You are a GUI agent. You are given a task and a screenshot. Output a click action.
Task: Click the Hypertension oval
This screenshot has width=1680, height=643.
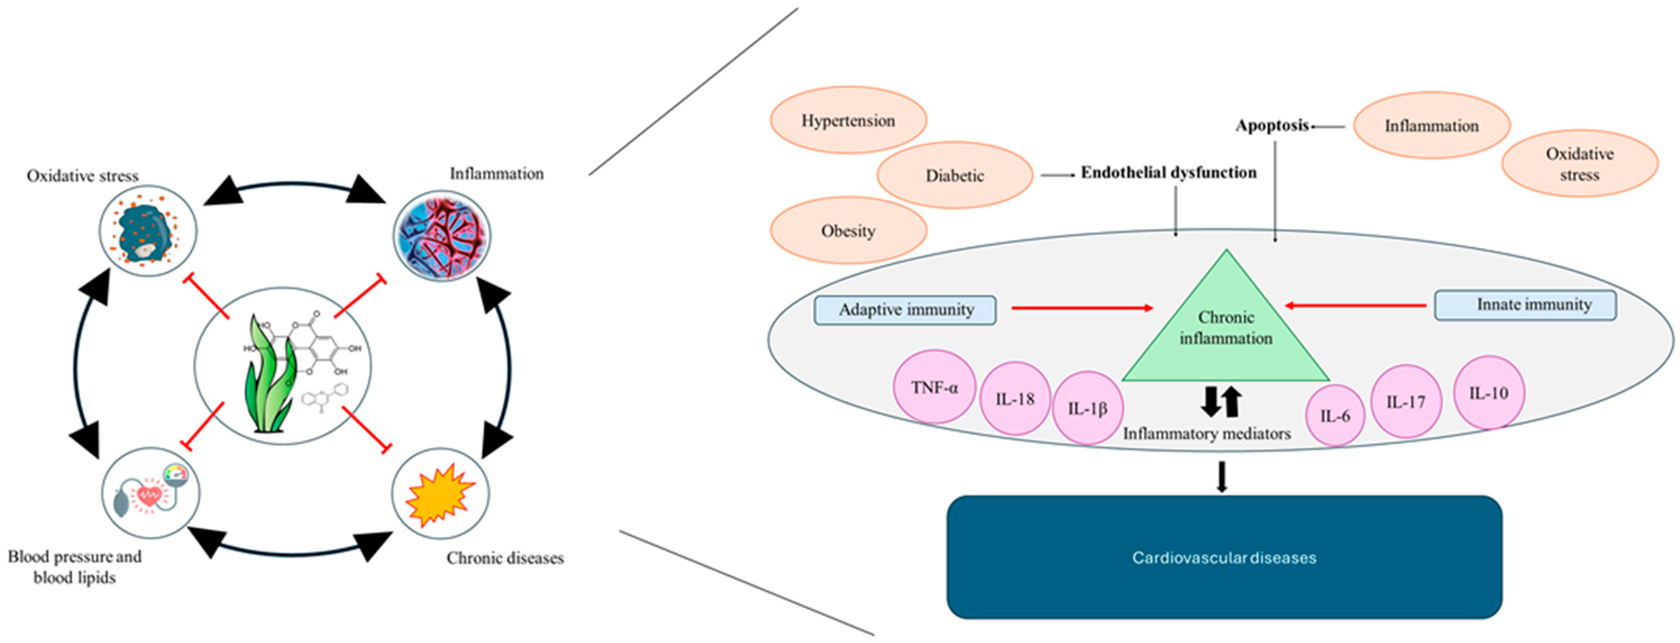click(848, 120)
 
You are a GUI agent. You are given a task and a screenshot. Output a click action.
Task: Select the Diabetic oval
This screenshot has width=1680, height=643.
click(955, 175)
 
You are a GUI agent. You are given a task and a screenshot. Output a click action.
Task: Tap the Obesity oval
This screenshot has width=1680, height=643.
click(848, 230)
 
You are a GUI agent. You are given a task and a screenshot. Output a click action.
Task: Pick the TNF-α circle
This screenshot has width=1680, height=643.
click(935, 387)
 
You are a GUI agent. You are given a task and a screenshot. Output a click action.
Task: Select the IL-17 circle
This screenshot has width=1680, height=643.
click(1405, 401)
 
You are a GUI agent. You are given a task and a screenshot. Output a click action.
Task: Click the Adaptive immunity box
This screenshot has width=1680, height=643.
click(905, 310)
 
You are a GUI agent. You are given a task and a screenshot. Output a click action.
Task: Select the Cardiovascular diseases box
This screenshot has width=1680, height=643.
click(1225, 557)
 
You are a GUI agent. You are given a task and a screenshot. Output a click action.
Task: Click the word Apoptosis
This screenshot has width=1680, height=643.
click(1272, 126)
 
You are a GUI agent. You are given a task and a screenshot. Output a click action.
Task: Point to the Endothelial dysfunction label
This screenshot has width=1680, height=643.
click(1169, 173)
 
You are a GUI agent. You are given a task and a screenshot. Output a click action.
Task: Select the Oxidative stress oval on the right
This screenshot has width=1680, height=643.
click(1580, 164)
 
